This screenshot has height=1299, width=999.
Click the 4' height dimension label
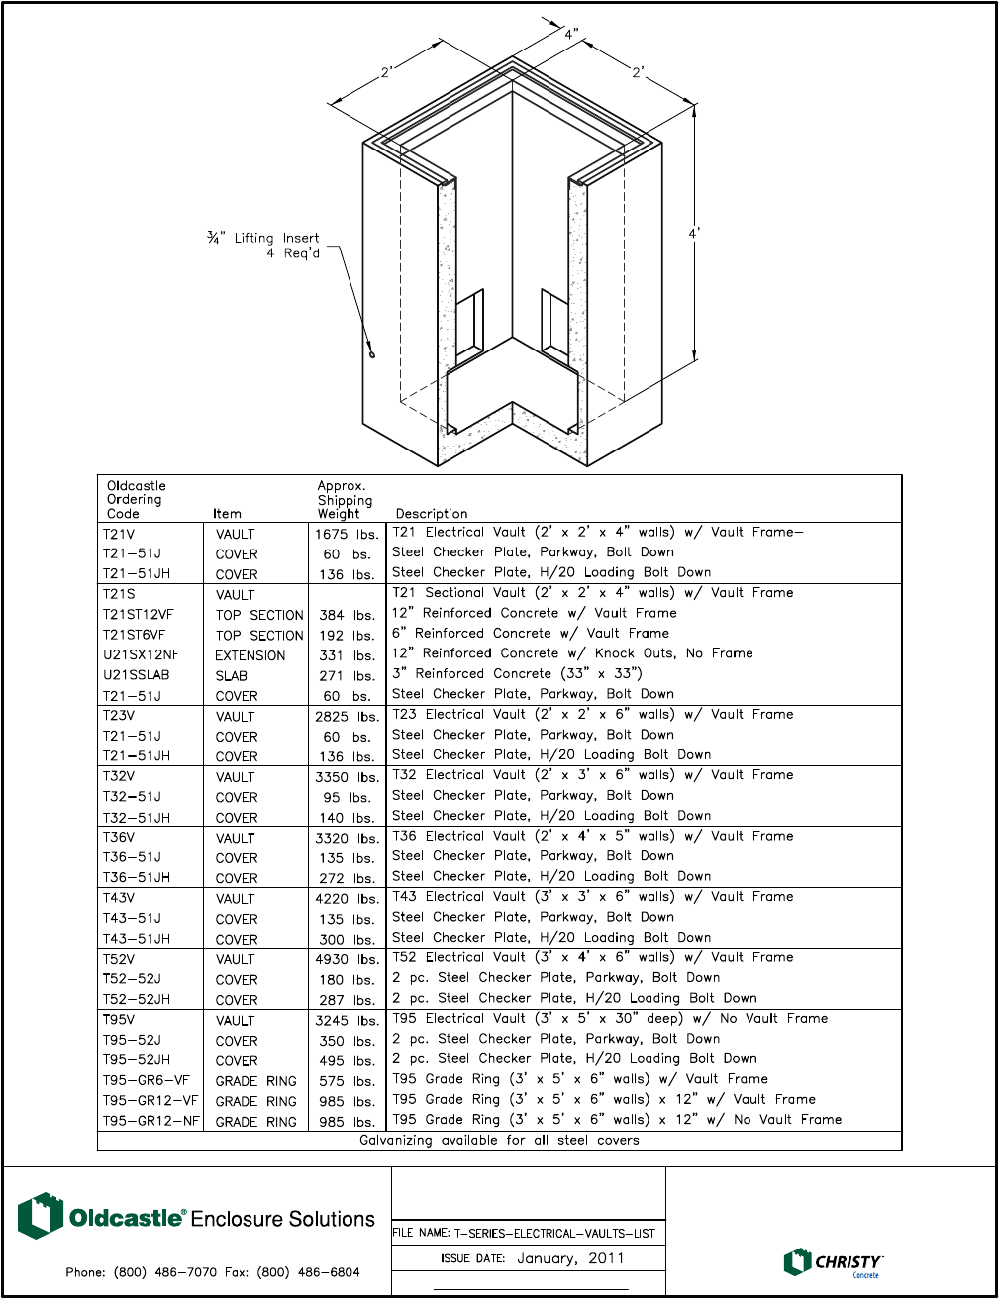click(x=694, y=234)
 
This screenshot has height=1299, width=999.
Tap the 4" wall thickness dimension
click(x=571, y=34)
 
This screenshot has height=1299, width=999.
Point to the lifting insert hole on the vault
click(x=371, y=354)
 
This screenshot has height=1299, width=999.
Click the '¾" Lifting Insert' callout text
click(x=263, y=238)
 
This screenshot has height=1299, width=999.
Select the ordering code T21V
click(x=119, y=534)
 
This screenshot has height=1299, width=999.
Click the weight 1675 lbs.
click(x=347, y=534)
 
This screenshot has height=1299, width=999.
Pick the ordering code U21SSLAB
click(x=137, y=675)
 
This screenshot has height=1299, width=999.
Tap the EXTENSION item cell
click(x=250, y=655)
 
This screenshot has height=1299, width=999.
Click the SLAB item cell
click(x=232, y=675)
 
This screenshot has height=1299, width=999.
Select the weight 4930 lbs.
click(x=347, y=959)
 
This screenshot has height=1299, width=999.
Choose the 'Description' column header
click(x=432, y=514)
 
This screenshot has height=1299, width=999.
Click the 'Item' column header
click(x=227, y=514)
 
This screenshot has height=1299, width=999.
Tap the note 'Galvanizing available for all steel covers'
click(x=499, y=1141)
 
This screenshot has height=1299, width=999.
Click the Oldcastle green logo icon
click(x=40, y=1216)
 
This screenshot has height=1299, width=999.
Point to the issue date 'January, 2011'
click(x=570, y=1258)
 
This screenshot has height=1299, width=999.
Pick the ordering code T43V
click(x=119, y=899)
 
